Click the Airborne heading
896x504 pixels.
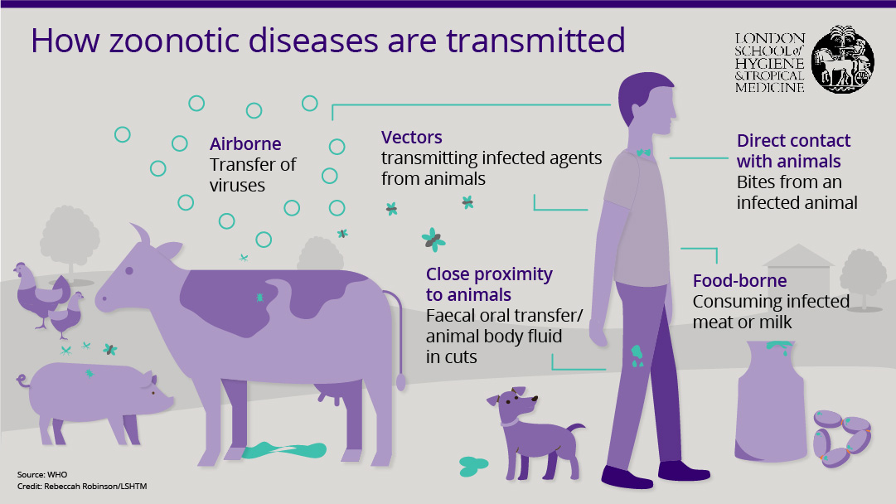245,143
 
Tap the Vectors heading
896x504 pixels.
411,137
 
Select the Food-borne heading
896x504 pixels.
739,280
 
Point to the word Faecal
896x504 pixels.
451,316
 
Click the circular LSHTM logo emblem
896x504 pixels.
843,60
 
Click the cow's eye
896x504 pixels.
129,270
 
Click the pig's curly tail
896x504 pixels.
23,380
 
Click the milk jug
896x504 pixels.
772,400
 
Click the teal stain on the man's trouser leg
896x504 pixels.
637,356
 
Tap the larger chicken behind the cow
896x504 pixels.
39,293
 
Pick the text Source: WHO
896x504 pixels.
42,474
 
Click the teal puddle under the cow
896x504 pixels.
284,450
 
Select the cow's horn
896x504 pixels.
141,235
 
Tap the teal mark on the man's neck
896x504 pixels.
643,153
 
